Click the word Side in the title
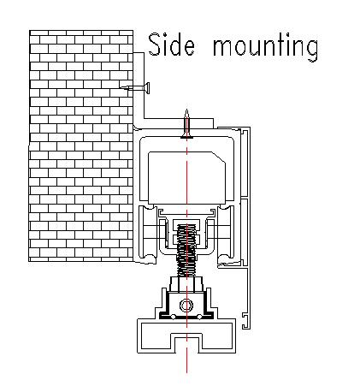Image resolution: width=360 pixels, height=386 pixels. [x=172, y=45]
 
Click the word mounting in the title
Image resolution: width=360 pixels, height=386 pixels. [x=265, y=47]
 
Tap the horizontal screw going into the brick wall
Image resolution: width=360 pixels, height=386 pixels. [x=135, y=88]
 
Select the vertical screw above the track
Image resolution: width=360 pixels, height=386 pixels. [x=186, y=124]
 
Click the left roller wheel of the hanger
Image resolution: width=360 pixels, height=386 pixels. [x=148, y=234]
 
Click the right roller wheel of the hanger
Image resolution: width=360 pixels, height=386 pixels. [x=226, y=234]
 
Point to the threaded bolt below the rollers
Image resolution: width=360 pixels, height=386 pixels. [x=186, y=251]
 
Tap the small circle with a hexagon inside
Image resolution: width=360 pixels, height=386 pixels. [x=186, y=306]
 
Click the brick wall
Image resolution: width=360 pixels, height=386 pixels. [x=81, y=145]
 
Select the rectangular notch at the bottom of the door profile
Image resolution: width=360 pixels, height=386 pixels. [x=186, y=343]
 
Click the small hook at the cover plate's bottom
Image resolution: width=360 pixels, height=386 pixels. [x=245, y=321]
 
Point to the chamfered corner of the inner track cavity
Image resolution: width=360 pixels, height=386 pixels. [x=219, y=157]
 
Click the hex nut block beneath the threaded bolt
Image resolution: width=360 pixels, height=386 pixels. [x=186, y=284]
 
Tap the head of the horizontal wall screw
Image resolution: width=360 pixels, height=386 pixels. [x=148, y=88]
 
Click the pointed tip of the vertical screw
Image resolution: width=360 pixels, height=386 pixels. [x=186, y=110]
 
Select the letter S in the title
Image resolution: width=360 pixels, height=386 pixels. [x=154, y=45]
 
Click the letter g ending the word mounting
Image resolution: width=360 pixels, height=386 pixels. [x=311, y=50]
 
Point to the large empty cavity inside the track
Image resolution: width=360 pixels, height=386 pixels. [x=186, y=178]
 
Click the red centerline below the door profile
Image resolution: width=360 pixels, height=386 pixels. [x=186, y=363]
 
